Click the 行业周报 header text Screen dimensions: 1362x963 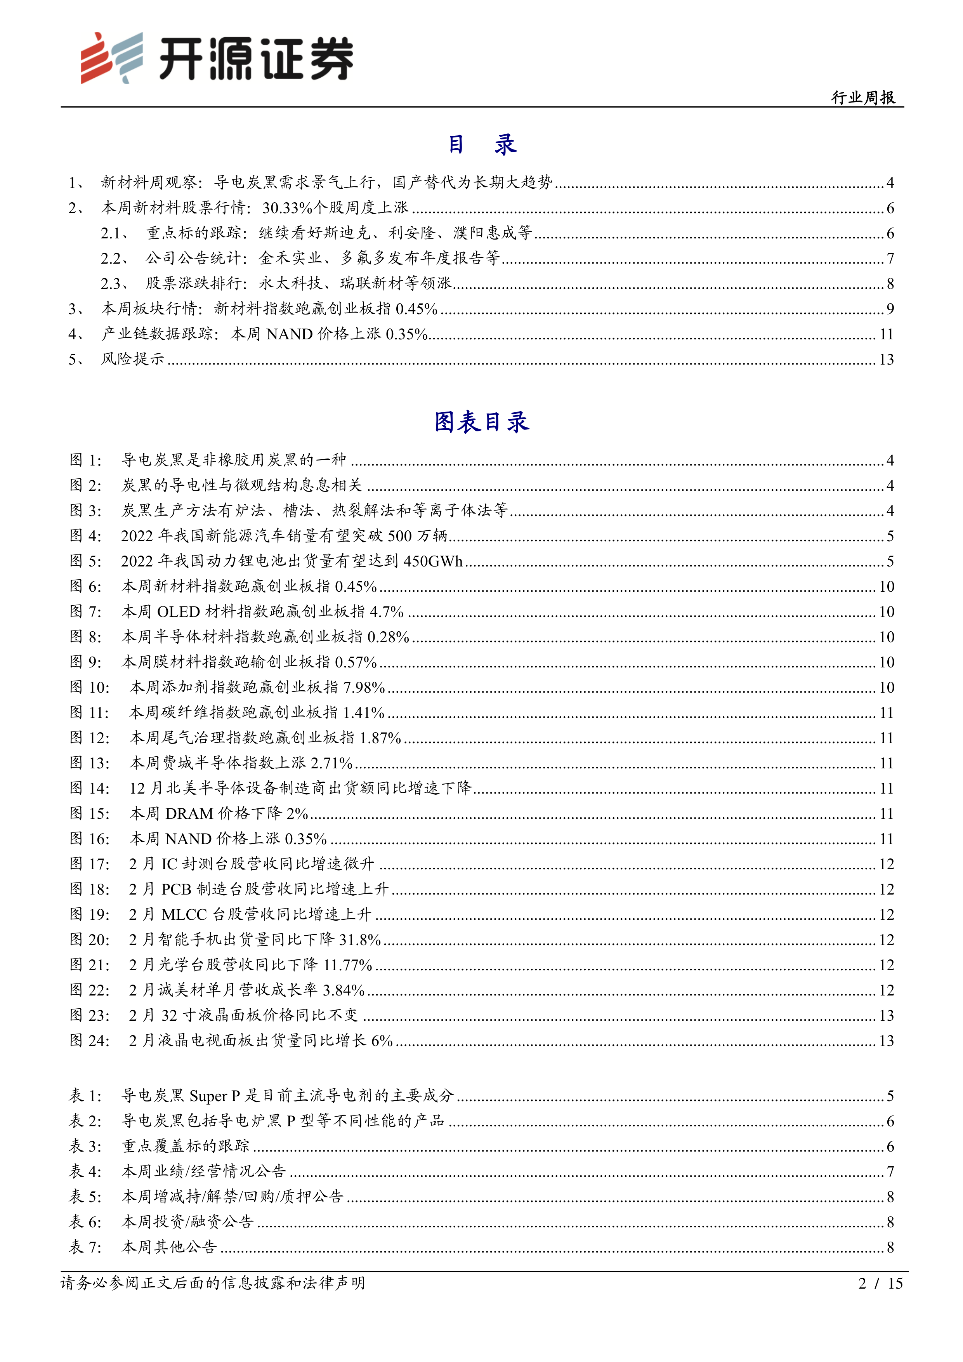point(863,98)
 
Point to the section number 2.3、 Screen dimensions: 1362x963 point(115,283)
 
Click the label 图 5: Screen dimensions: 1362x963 point(85,561)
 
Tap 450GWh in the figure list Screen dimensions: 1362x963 point(432,561)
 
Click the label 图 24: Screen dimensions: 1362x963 point(90,1041)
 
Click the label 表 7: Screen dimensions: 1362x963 point(85,1247)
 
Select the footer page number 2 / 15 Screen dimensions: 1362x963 point(880,1283)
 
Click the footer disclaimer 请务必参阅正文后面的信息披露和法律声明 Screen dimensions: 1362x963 point(213,1283)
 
